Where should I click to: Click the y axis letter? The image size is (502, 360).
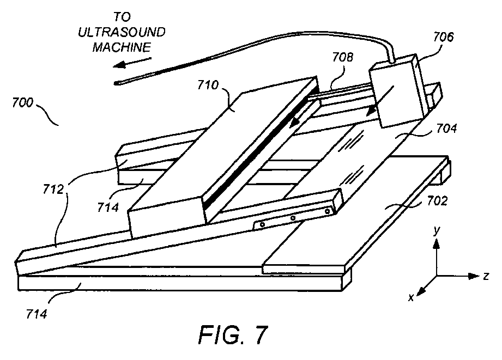pyautogui.click(x=436, y=231)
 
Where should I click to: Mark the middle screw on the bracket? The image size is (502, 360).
pyautogui.click(x=293, y=218)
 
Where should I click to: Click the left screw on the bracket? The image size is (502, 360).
pyautogui.click(x=262, y=224)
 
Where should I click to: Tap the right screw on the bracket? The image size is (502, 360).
pyautogui.click(x=327, y=211)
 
